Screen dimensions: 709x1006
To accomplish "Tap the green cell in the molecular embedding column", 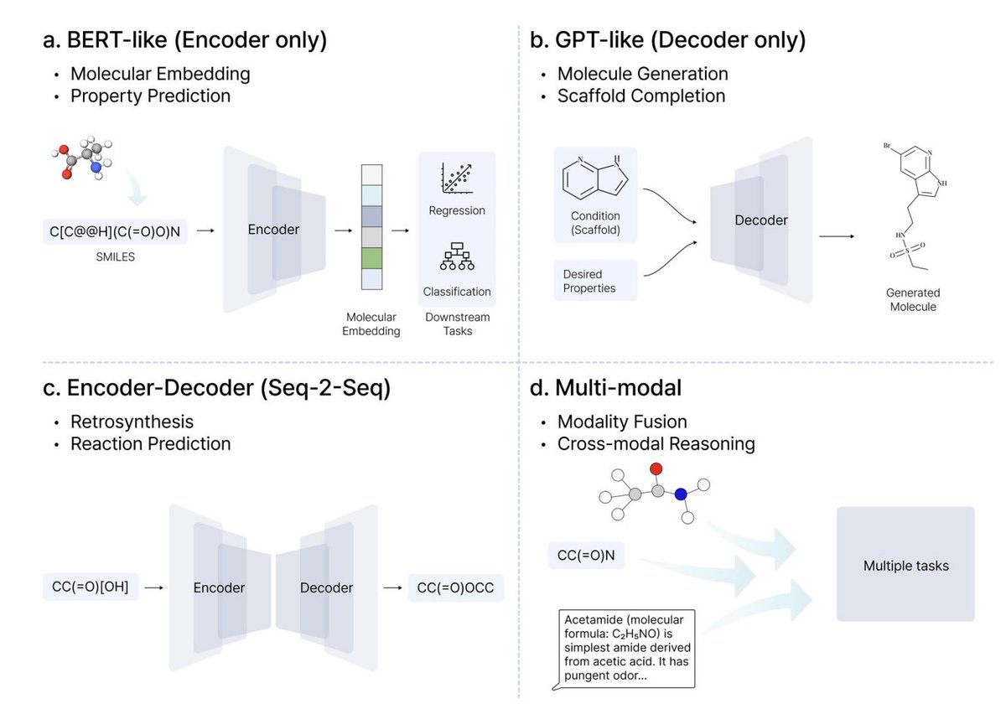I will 371,257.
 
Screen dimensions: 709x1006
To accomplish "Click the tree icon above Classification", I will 457,258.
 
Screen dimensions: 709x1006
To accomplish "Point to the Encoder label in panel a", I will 273,229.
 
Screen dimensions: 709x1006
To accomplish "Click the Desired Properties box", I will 595,281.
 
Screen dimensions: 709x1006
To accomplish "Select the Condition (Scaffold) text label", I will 594,222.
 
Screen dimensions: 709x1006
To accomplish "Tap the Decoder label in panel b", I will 761,220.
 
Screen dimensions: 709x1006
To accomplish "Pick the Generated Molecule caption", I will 912,300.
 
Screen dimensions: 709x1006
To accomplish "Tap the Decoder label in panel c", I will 326,587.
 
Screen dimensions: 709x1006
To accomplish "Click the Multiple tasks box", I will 905,566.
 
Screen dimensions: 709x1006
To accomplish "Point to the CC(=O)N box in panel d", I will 586,555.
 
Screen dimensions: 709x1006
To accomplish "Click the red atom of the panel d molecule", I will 656,468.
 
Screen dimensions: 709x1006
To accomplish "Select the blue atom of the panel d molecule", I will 681,495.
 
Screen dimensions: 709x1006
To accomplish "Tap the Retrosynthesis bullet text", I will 132,421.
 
